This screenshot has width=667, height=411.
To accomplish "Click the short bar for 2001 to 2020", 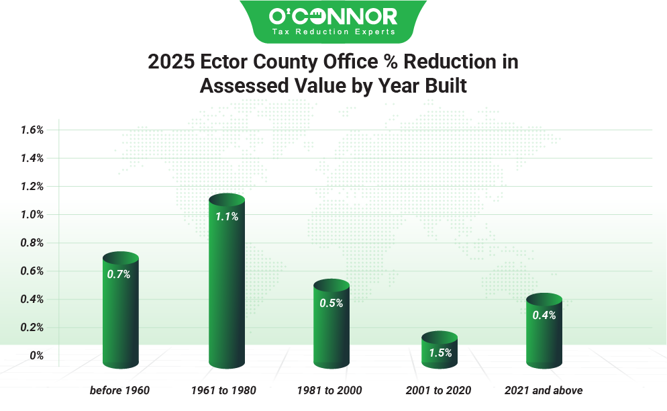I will click(439, 351).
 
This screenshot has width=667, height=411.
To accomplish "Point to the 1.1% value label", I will click(226, 217).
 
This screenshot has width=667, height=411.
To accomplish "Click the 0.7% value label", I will click(119, 274).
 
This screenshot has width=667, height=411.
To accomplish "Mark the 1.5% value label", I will click(440, 353).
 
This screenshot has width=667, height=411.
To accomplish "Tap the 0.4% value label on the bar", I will click(544, 315).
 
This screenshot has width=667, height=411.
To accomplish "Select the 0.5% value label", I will click(331, 303).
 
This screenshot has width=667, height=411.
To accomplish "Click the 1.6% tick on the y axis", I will click(32, 130).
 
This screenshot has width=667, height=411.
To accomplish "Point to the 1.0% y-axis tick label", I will click(32, 215).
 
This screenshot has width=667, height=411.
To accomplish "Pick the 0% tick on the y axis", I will click(36, 356).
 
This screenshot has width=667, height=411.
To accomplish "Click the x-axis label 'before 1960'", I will click(119, 390).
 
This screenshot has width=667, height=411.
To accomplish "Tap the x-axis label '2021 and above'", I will click(544, 390).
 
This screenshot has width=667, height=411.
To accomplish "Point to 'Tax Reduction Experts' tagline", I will click(333, 31).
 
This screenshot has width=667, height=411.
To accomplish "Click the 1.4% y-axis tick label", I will click(32, 158).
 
